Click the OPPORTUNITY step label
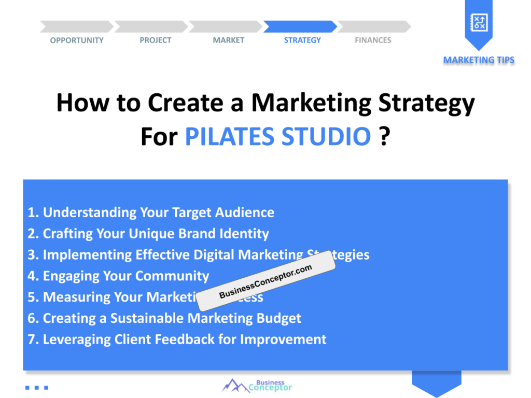(77, 40)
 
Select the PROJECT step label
(155, 40)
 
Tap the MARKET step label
(228, 40)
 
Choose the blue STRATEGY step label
(302, 40)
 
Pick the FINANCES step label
(373, 40)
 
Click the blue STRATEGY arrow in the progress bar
(300, 26)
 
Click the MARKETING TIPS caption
(479, 60)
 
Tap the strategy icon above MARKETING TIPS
(478, 22)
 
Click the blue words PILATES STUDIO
(278, 137)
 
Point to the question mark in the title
(384, 137)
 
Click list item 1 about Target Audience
(151, 212)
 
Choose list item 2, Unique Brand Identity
(148, 234)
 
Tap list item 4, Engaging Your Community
(118, 276)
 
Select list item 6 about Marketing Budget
(164, 318)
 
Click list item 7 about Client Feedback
(177, 339)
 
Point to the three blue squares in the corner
(36, 387)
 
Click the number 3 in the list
(32, 255)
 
